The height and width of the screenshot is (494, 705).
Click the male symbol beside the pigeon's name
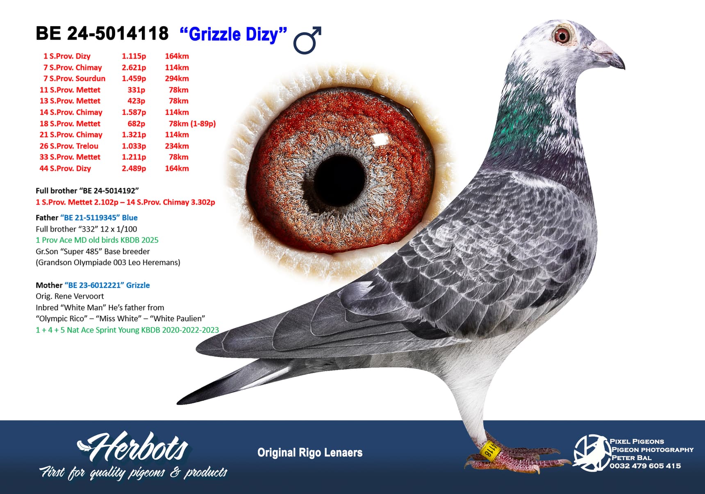[x=307, y=41]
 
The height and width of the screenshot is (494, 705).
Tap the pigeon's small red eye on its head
[x=562, y=36]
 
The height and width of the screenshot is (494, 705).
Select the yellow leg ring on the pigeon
[x=489, y=450]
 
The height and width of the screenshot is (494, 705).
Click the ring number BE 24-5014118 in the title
[x=102, y=34]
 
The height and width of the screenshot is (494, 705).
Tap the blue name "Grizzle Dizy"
[x=234, y=34]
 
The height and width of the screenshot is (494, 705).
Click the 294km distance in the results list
[x=177, y=78]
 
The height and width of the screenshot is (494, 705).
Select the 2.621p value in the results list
[x=134, y=67]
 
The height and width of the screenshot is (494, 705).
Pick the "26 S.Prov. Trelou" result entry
[x=69, y=146]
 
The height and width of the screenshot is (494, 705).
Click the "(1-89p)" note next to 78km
[x=203, y=123]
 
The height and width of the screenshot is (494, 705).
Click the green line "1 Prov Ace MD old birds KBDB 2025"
[x=97, y=240]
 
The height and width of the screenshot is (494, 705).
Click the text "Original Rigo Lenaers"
[x=310, y=453]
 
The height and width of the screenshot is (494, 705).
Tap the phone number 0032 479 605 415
[x=645, y=466]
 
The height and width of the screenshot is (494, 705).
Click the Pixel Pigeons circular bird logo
[x=591, y=453]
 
